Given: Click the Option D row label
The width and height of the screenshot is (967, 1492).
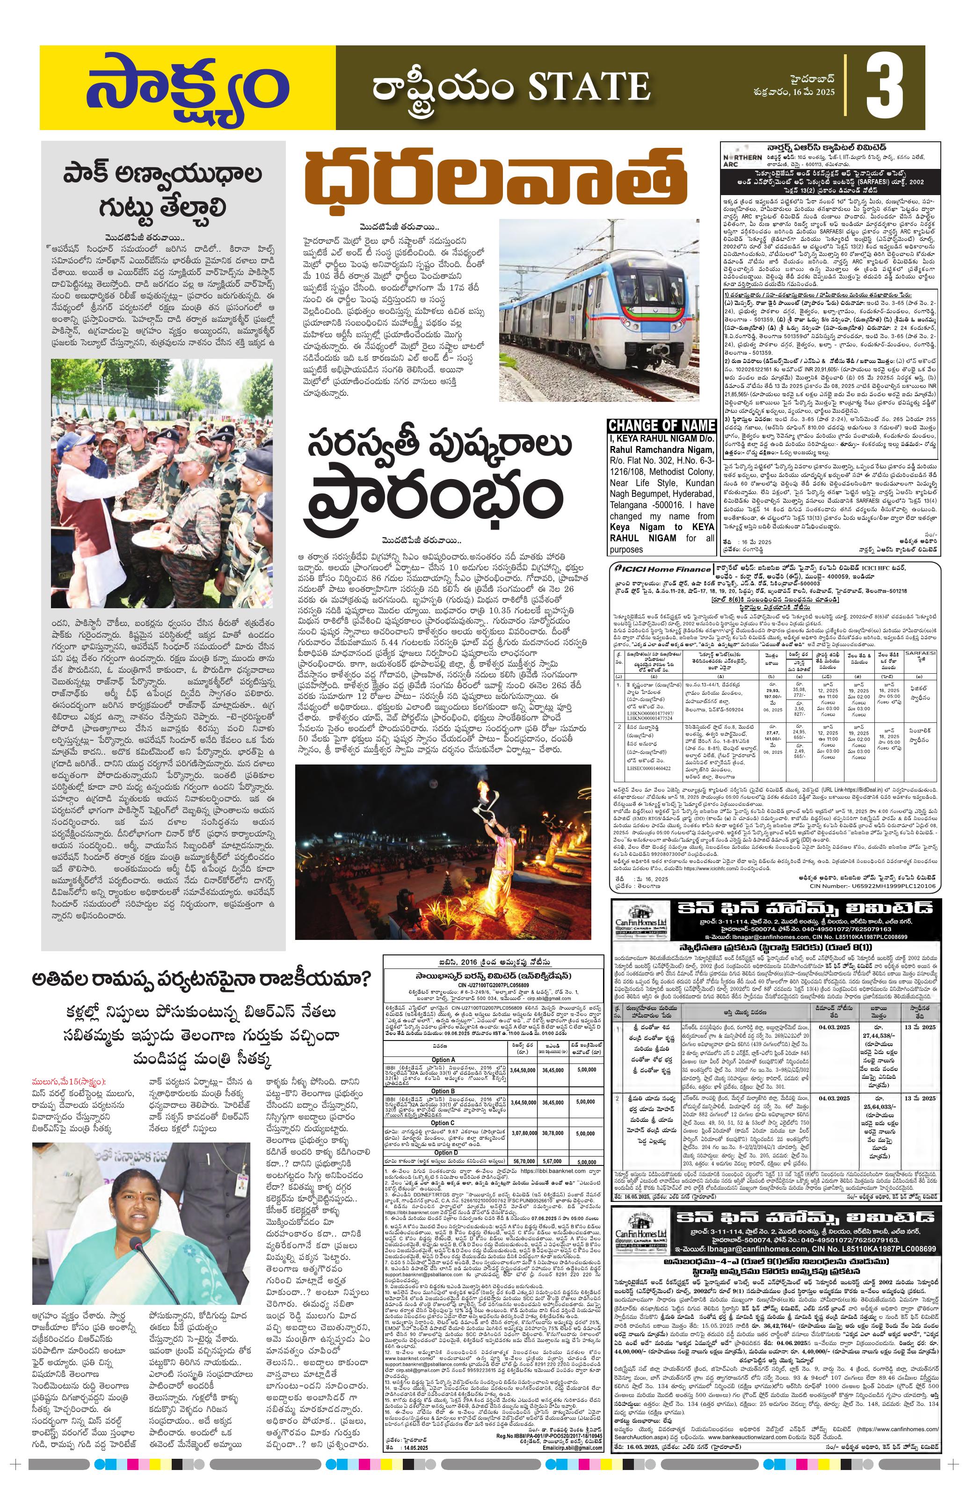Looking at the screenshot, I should point(443,1151).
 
